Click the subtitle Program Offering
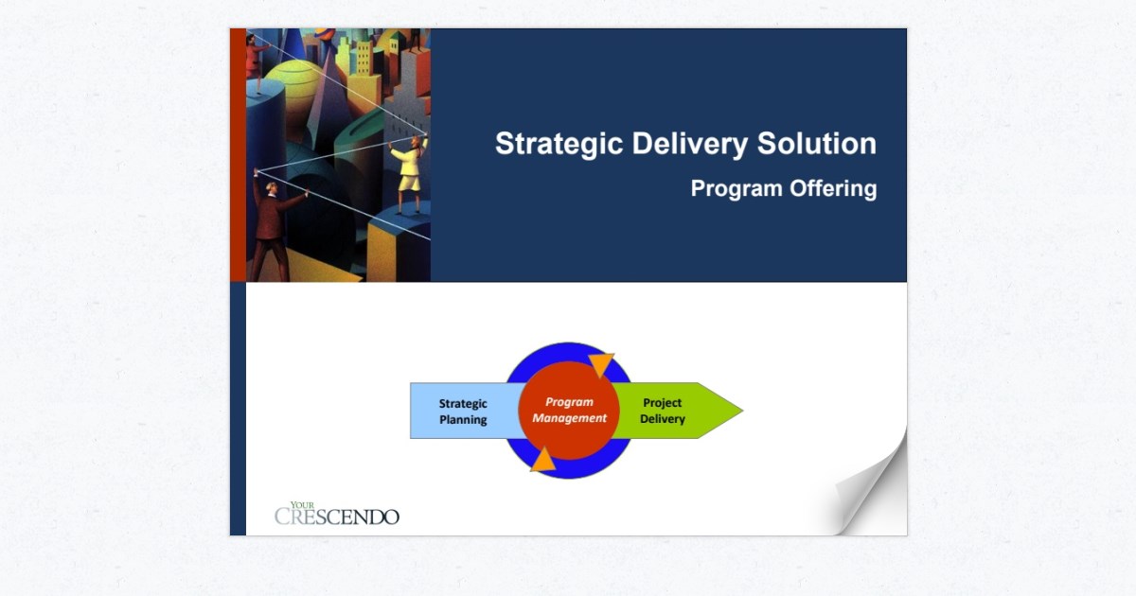coord(783,188)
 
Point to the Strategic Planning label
coord(462,412)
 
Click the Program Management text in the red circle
coord(569,411)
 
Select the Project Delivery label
coord(662,411)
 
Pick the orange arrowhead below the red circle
coord(542,460)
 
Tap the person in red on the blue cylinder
coord(257,57)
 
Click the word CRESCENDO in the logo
coord(337,517)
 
